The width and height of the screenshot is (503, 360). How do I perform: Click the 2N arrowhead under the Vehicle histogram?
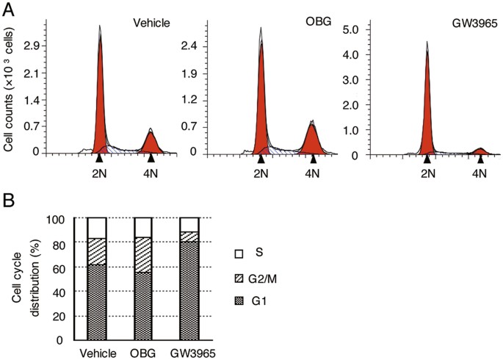pyautogui.click(x=99, y=157)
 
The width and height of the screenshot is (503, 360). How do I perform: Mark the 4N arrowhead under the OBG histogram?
pyautogui.click(x=314, y=157)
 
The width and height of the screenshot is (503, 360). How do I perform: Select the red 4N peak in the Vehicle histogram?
pyautogui.click(x=151, y=143)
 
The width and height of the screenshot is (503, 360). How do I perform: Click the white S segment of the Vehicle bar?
pyautogui.click(x=97, y=228)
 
